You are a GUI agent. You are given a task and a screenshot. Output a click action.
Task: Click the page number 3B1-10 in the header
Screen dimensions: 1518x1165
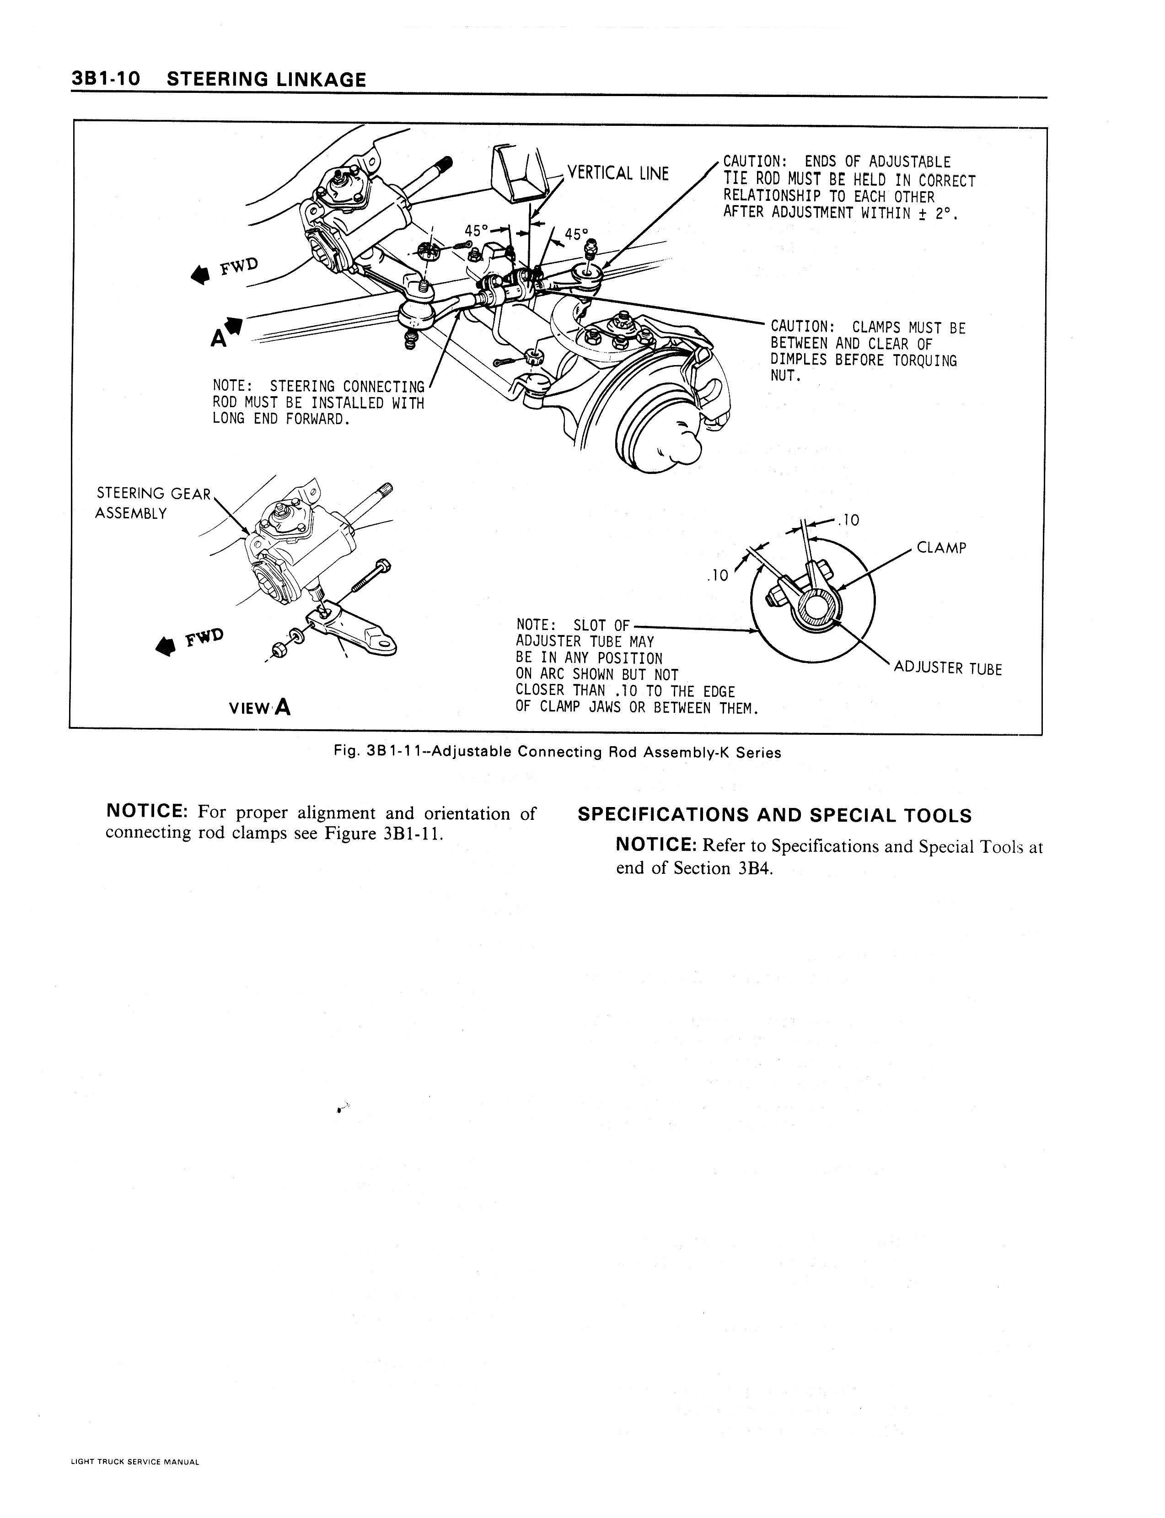click(105, 79)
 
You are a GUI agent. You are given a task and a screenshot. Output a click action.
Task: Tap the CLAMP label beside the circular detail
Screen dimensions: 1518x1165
click(941, 548)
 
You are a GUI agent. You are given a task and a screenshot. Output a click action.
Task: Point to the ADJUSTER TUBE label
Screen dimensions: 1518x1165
click(948, 668)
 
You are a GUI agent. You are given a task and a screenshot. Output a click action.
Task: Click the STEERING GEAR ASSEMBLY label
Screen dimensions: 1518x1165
click(153, 503)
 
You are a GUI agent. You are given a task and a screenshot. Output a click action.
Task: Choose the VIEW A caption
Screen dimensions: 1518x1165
click(260, 707)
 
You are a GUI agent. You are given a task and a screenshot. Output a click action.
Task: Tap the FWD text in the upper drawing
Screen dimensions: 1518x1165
click(239, 266)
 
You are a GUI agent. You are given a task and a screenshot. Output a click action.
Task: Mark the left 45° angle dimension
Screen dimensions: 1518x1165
click(477, 230)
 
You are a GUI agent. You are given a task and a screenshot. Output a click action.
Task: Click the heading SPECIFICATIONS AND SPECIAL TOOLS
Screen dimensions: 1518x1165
click(774, 816)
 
